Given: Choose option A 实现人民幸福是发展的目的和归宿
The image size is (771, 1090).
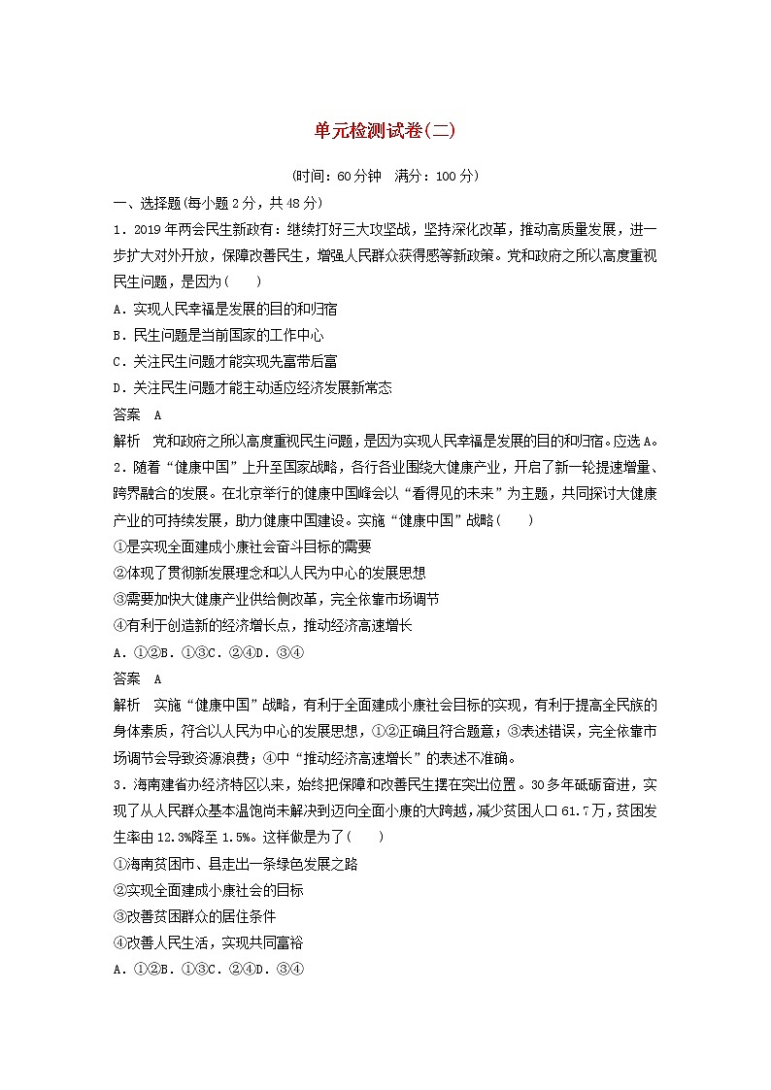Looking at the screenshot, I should pyautogui.click(x=225, y=309).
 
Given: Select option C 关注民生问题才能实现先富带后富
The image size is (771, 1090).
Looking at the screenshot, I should pyautogui.click(x=225, y=361).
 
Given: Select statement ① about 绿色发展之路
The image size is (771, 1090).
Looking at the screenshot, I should pyautogui.click(x=236, y=864).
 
